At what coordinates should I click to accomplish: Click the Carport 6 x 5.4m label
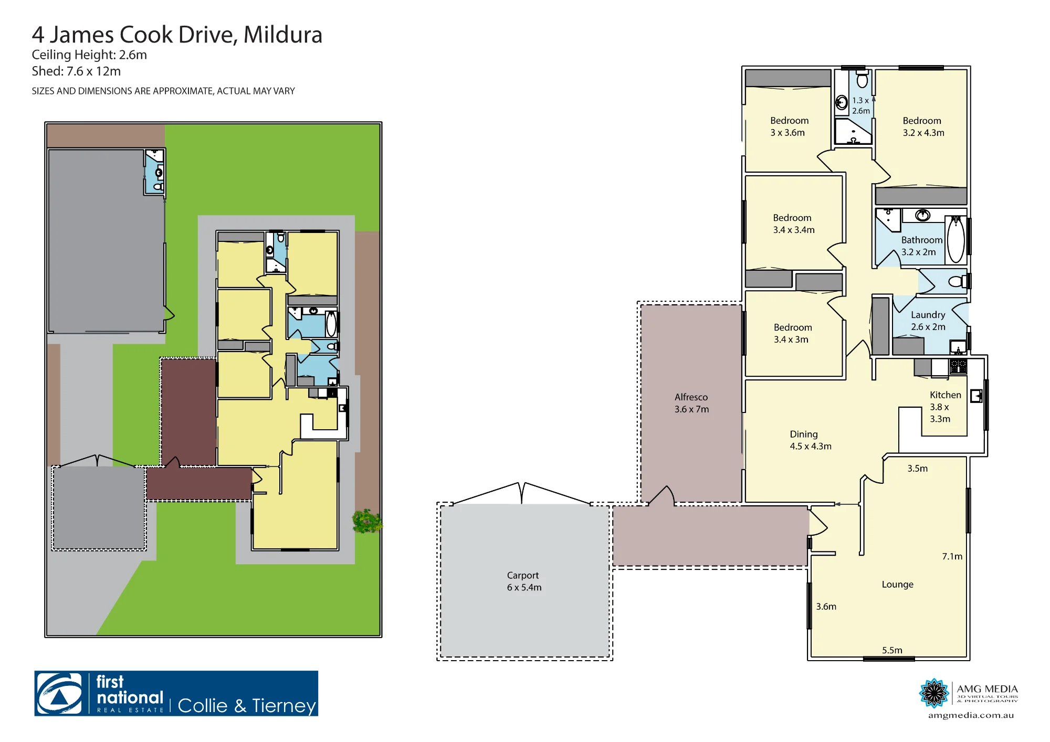pyautogui.click(x=524, y=581)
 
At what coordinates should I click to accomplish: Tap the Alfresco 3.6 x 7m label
pyautogui.click(x=691, y=403)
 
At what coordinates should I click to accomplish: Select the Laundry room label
pyautogui.click(x=928, y=321)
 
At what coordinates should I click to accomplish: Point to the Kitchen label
pyautogui.click(x=945, y=407)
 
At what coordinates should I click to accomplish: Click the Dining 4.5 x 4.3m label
pyautogui.click(x=811, y=440)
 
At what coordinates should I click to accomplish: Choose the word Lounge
pyautogui.click(x=897, y=584)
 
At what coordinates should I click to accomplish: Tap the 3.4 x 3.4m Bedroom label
pyautogui.click(x=793, y=224)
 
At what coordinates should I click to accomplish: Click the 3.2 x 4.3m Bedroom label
pyautogui.click(x=923, y=126)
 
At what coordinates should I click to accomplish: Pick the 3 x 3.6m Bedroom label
pyautogui.click(x=789, y=126)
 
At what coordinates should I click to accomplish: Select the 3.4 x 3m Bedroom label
pyautogui.click(x=792, y=333)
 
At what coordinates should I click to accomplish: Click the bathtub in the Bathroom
pyautogui.click(x=956, y=239)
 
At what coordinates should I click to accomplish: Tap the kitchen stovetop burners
pyautogui.click(x=958, y=366)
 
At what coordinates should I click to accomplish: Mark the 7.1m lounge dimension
pyautogui.click(x=952, y=556)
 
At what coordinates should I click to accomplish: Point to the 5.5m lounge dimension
pyautogui.click(x=892, y=650)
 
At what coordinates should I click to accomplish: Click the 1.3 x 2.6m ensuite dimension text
pyautogui.click(x=860, y=105)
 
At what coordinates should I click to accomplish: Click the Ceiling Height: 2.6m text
pyautogui.click(x=89, y=55)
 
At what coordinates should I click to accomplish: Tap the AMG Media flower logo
pyautogui.click(x=934, y=693)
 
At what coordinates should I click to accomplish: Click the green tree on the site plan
pyautogui.click(x=367, y=521)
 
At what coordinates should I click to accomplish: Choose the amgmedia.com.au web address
pyautogui.click(x=971, y=715)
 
